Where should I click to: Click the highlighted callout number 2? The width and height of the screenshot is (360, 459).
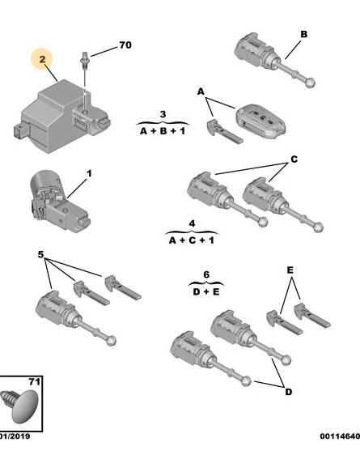tap(42, 59)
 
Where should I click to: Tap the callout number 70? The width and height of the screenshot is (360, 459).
tap(125, 45)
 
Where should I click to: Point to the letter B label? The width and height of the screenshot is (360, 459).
tap(304, 34)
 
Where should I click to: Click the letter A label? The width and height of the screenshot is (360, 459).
tap(201, 91)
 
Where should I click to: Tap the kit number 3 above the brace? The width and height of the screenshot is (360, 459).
tap(163, 114)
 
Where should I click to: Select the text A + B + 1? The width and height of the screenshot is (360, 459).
tap(163, 131)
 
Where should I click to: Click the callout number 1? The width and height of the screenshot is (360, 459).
tap(89, 173)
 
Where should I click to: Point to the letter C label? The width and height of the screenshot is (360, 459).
tap(294, 159)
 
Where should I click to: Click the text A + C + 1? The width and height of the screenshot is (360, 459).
tap(192, 240)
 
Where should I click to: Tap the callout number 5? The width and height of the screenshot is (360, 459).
tap(40, 254)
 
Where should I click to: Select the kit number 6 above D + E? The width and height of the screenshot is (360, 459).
tap(206, 274)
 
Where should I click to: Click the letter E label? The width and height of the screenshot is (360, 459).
tap(290, 270)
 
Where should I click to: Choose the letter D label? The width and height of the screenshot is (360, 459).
tap(288, 392)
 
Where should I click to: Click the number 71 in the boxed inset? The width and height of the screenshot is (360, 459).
tap(34, 382)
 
